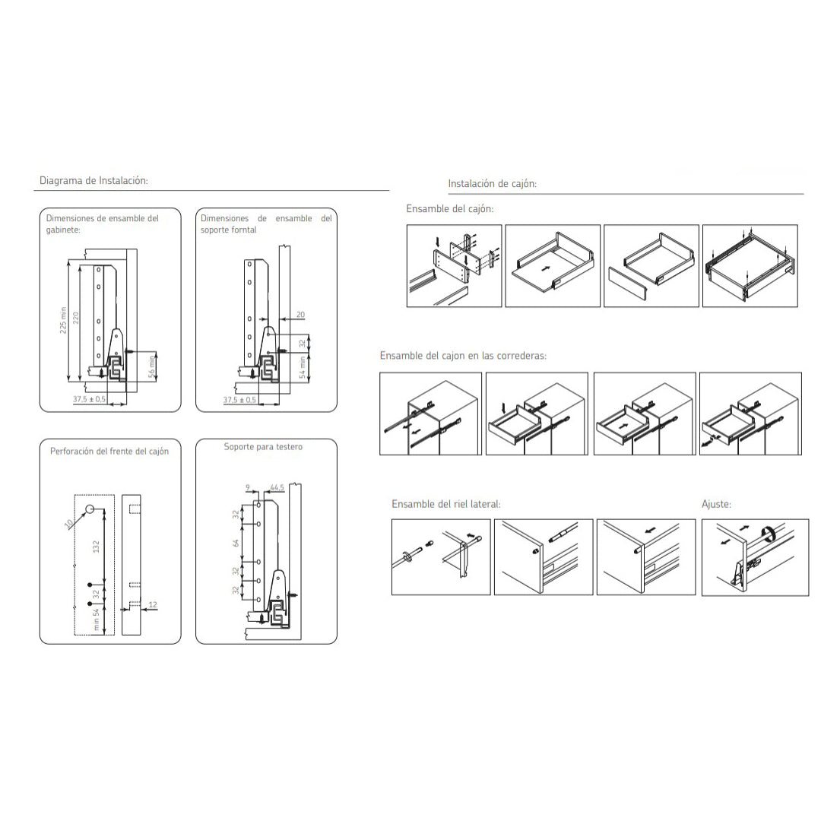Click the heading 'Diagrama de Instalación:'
pyautogui.click(x=94, y=181)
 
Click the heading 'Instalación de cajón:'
pyautogui.click(x=492, y=184)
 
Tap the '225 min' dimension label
pyautogui.click(x=63, y=321)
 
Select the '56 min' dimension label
pyautogui.click(x=152, y=366)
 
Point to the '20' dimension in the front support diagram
pyautogui.click(x=300, y=315)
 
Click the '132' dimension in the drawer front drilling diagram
pyautogui.click(x=96, y=547)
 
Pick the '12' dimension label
pyautogui.click(x=153, y=605)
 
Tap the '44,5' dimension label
pyautogui.click(x=277, y=488)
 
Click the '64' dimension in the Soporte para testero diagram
pyautogui.click(x=236, y=544)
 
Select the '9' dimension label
pyautogui.click(x=248, y=488)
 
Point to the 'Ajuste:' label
pyautogui.click(x=716, y=504)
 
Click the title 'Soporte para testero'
pyautogui.click(x=263, y=447)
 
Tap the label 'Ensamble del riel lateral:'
pyautogui.click(x=446, y=504)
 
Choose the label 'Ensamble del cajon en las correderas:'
pyautogui.click(x=463, y=356)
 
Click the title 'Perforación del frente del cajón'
pyautogui.click(x=109, y=452)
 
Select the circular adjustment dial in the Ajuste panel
pyautogui.click(x=768, y=534)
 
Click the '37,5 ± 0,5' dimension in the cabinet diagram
pyautogui.click(x=89, y=400)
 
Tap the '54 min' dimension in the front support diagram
pyautogui.click(x=302, y=368)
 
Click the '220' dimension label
pyautogui.click(x=76, y=319)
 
